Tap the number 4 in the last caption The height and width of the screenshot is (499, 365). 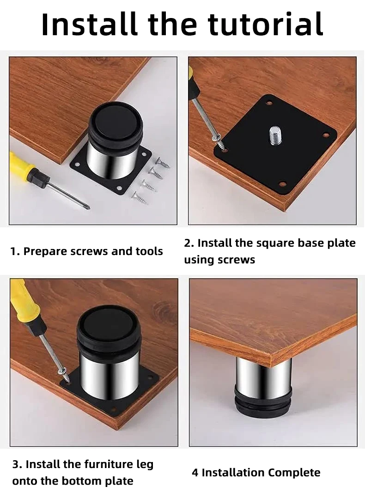pyautogui.click(x=195, y=473)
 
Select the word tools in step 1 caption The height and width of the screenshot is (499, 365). pyautogui.click(x=149, y=251)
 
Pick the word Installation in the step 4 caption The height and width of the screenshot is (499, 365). pyautogui.click(x=233, y=473)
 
